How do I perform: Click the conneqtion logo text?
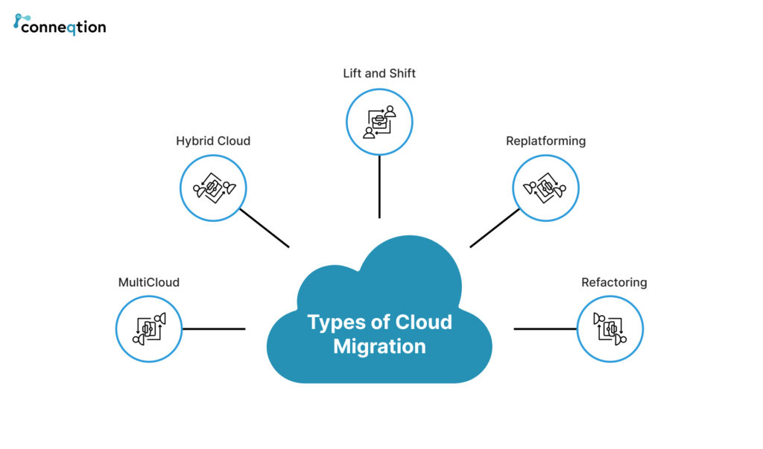coord(63,28)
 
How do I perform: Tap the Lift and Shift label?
coord(379,73)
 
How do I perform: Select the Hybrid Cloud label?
coord(213,141)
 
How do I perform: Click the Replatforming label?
coord(545,141)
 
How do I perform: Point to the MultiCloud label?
coord(149,282)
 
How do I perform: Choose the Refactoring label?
coord(614,282)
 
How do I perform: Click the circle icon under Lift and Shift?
coord(379,121)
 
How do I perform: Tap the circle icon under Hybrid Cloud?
coord(213,188)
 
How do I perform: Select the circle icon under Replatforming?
coord(545,188)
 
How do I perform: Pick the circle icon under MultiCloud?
coord(149,328)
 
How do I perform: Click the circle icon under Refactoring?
coord(610,328)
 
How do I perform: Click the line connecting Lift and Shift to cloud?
coord(379,186)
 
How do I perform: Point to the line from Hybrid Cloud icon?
coord(265,228)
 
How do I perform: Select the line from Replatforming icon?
coord(494,228)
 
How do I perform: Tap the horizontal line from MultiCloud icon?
coord(214,328)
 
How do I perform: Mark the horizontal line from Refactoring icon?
coord(545,328)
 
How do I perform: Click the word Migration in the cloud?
coord(379,346)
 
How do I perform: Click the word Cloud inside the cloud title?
coord(423,322)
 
